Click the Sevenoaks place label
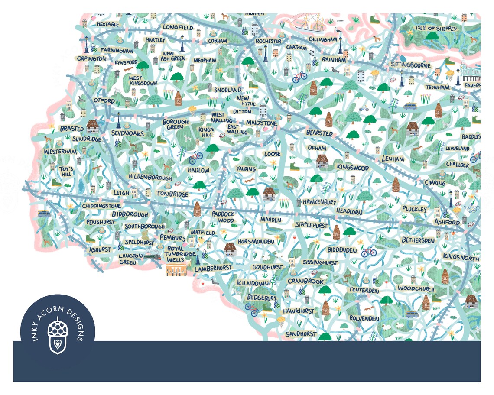(x=127, y=133)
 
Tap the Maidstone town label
(x=261, y=123)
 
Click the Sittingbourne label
(x=411, y=65)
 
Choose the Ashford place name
(x=447, y=222)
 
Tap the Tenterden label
(x=364, y=289)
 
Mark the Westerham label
(x=60, y=152)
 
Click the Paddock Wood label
(x=223, y=217)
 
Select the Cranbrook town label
(x=305, y=281)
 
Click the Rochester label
(x=268, y=41)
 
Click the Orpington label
(x=91, y=58)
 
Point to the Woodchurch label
(x=416, y=288)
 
